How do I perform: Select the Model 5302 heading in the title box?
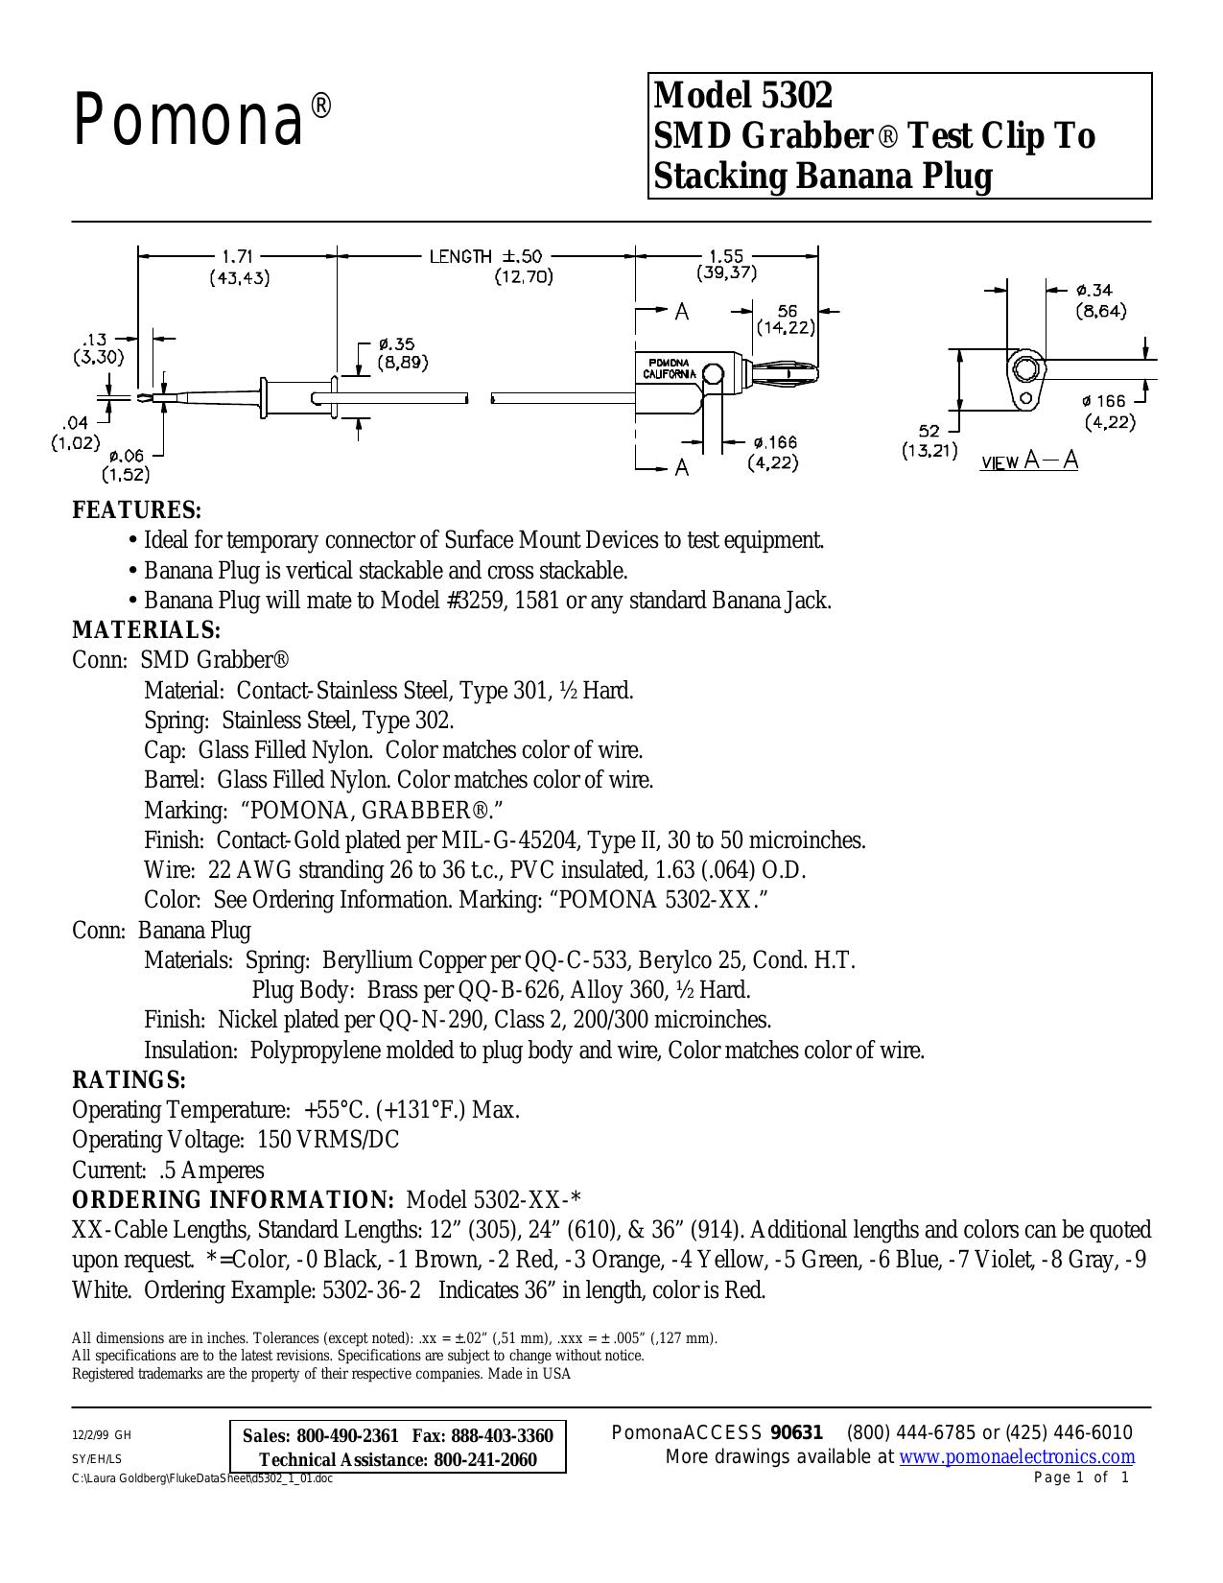(x=742, y=94)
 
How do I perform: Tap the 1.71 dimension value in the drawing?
(x=237, y=257)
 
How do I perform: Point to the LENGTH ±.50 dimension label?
(x=485, y=256)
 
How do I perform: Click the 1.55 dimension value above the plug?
(x=726, y=256)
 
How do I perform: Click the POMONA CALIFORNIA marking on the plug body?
(x=669, y=367)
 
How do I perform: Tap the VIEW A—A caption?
(x=1029, y=461)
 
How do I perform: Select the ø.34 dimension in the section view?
(x=1094, y=291)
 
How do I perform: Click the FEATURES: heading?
(x=137, y=509)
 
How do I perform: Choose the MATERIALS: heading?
(x=147, y=628)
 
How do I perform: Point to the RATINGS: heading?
(x=129, y=1079)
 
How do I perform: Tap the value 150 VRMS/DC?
(x=328, y=1140)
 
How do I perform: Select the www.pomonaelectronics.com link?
(x=1017, y=1456)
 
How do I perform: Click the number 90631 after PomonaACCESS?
(x=797, y=1433)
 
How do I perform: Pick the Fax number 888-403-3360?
(x=503, y=1435)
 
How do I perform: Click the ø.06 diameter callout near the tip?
(x=126, y=456)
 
